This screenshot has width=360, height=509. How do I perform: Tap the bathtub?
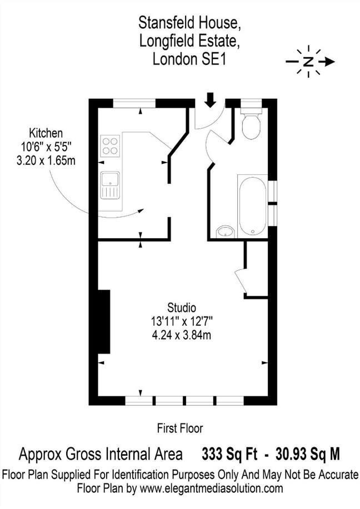point(253,205)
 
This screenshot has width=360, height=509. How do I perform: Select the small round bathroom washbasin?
point(225,231)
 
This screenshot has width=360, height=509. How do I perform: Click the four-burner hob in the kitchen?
point(111,145)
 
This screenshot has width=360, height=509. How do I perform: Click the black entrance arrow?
point(210,100)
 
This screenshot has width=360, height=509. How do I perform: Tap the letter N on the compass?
point(308,62)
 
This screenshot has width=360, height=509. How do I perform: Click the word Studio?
point(182,307)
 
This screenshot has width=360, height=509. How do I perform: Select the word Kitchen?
point(46,133)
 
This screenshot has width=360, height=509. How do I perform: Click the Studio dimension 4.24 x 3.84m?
point(182,334)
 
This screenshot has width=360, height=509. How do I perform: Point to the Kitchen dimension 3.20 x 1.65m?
point(46,160)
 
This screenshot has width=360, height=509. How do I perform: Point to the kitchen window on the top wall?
point(134,102)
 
